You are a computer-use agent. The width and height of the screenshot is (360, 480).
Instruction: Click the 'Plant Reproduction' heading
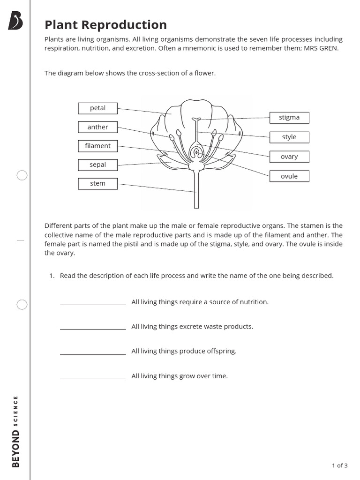pos(105,24)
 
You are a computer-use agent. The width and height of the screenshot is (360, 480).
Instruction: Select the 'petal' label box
pos(97,108)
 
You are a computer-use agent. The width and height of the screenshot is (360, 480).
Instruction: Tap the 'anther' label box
pos(97,127)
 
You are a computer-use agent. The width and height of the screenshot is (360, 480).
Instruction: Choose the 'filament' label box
pos(97,146)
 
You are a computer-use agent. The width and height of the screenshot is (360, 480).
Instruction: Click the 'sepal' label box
pos(97,165)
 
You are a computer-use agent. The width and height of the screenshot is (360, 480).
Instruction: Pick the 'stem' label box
pos(97,183)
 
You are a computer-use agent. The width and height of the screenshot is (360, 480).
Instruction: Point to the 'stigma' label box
pos(289,118)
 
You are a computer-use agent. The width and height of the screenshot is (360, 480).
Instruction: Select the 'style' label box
pos(289,137)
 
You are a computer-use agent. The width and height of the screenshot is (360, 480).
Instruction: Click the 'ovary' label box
pos(289,157)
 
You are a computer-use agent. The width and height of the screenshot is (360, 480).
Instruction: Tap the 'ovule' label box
pos(289,176)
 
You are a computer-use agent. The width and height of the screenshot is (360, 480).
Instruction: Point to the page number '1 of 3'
pos(339,465)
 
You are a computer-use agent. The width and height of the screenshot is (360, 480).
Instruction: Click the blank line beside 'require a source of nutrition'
pos(93,304)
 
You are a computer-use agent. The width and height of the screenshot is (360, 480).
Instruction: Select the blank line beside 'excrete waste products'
pos(93,328)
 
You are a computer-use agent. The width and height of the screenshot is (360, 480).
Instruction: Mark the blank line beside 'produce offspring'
pos(93,353)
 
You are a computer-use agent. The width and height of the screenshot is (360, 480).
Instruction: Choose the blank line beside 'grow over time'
pos(93,378)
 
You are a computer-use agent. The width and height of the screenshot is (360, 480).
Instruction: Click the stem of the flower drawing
pos(196,192)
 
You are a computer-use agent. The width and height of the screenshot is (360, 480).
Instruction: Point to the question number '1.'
pos(52,276)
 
